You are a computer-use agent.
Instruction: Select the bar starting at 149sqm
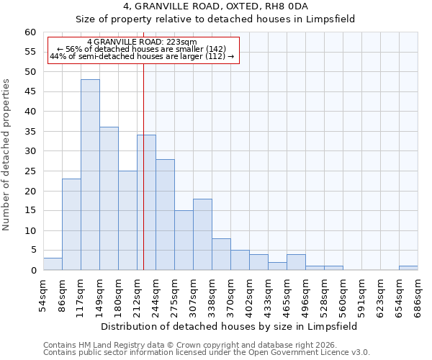pyautogui.click(x=109, y=199)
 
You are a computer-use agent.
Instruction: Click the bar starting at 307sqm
pyautogui.click(x=202, y=235)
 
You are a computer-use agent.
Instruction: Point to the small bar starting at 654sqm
pyautogui.click(x=408, y=268)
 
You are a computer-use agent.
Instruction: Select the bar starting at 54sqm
pyautogui.click(x=53, y=264)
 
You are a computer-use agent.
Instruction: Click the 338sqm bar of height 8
pyautogui.click(x=221, y=254)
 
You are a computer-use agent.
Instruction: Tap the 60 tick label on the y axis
pyautogui.click(x=30, y=32)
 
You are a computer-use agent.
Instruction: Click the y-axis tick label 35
pyautogui.click(x=30, y=132)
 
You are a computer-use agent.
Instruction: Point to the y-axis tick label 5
pyautogui.click(x=32, y=251)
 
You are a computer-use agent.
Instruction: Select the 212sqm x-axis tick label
pyautogui.click(x=137, y=293)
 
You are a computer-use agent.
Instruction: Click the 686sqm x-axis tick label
pyautogui.click(x=418, y=293)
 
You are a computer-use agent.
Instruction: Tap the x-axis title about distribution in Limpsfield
pyautogui.click(x=229, y=326)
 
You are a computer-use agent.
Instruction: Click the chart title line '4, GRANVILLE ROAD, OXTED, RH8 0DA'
pyautogui.click(x=215, y=6)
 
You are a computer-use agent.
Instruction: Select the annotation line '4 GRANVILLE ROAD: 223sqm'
pyautogui.click(x=141, y=42)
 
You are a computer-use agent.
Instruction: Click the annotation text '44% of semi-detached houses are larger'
pyautogui.click(x=142, y=56)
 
